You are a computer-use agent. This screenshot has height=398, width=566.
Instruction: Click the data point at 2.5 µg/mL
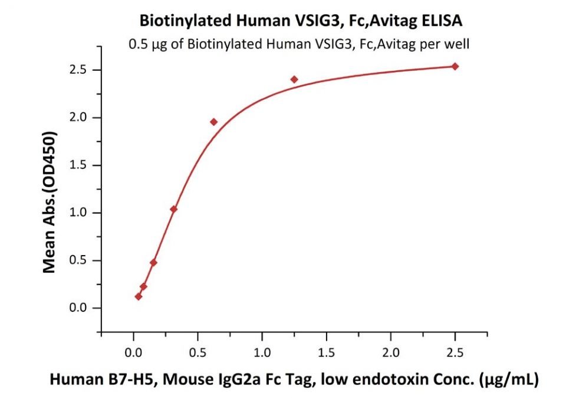pyautogui.click(x=455, y=66)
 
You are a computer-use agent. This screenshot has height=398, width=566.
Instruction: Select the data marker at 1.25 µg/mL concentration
pyautogui.click(x=294, y=79)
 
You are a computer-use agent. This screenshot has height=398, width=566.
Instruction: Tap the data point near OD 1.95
pyautogui.click(x=213, y=122)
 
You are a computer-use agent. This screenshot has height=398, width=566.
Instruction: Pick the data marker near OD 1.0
pyautogui.click(x=173, y=209)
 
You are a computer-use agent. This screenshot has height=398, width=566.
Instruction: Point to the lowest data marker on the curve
pyautogui.click(x=138, y=296)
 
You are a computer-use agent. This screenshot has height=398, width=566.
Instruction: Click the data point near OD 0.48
pyautogui.click(x=153, y=262)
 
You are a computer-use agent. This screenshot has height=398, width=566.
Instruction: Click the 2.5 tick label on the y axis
pyautogui.click(x=78, y=70)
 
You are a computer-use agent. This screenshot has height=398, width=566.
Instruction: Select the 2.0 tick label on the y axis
pyautogui.click(x=78, y=118)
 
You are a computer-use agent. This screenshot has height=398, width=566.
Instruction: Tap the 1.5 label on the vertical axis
pyautogui.click(x=78, y=165)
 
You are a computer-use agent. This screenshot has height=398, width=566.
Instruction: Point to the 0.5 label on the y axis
pyautogui.click(x=78, y=260)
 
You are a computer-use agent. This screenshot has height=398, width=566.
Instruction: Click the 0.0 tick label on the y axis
pyautogui.click(x=78, y=308)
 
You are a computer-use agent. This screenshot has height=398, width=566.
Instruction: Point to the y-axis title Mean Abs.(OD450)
pyautogui.click(x=51, y=202)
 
